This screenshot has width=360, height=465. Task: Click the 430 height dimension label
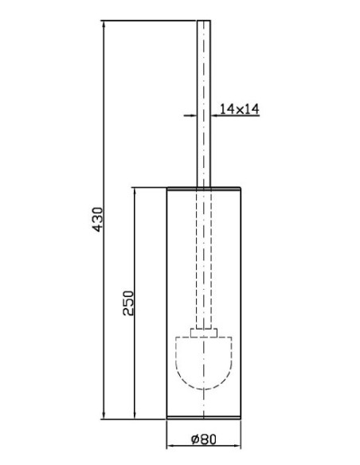click(98, 219)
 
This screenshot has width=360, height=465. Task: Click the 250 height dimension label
click(129, 303)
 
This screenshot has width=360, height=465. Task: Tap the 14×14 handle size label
click(239, 109)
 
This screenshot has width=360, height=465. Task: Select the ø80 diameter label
click(204, 440)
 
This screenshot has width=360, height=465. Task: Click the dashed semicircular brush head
click(204, 389)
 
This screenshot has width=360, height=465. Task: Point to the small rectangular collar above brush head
click(204, 333)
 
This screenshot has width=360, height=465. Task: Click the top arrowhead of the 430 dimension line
click(104, 24)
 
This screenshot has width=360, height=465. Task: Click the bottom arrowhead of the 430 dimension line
click(104, 416)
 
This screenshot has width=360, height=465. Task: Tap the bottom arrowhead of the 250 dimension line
click(135, 416)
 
